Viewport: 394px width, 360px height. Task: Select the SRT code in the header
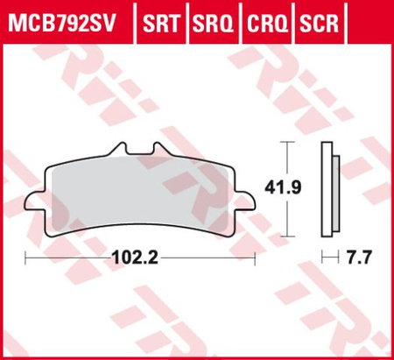click(x=161, y=20)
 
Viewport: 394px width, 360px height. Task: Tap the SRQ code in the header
click(x=210, y=20)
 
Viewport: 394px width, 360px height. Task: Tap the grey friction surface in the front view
click(x=140, y=193)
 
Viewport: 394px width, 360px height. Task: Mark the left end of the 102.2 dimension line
click(x=26, y=258)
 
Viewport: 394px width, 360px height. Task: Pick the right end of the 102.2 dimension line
click(x=255, y=258)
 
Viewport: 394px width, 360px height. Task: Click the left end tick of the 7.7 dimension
click(x=321, y=258)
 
